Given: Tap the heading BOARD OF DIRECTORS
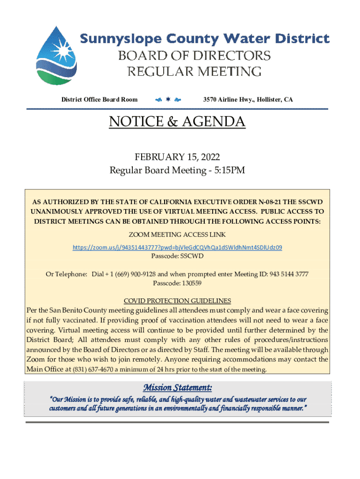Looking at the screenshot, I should click(x=194, y=56).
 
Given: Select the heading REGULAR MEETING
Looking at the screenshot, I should click(x=194, y=72).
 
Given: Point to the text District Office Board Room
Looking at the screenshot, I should click(x=100, y=99).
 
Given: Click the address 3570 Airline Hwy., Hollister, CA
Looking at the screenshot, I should click(x=248, y=99).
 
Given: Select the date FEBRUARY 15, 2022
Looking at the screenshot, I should click(x=177, y=157).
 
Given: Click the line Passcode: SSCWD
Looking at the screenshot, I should click(x=177, y=256).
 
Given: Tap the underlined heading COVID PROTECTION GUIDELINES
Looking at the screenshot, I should click(x=177, y=300).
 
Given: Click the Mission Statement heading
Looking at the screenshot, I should click(x=177, y=388).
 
